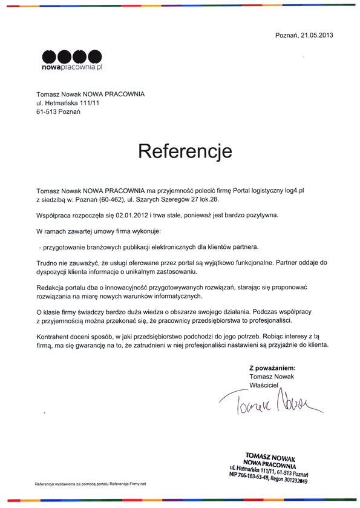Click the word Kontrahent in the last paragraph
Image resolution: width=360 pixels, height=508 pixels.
point(54,335)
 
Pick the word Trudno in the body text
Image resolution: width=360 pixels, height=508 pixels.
point(47,264)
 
